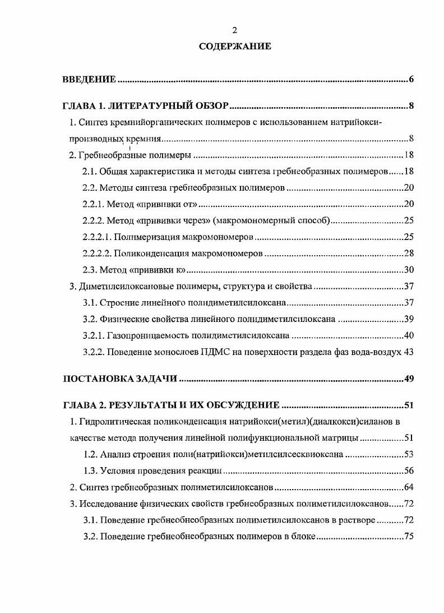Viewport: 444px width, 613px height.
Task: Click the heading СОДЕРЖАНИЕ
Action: (235, 47)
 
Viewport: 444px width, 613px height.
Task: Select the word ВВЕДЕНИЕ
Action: (89, 80)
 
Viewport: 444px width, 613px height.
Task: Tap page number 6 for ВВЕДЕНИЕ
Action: (411, 80)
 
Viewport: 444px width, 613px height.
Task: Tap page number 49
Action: (409, 379)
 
